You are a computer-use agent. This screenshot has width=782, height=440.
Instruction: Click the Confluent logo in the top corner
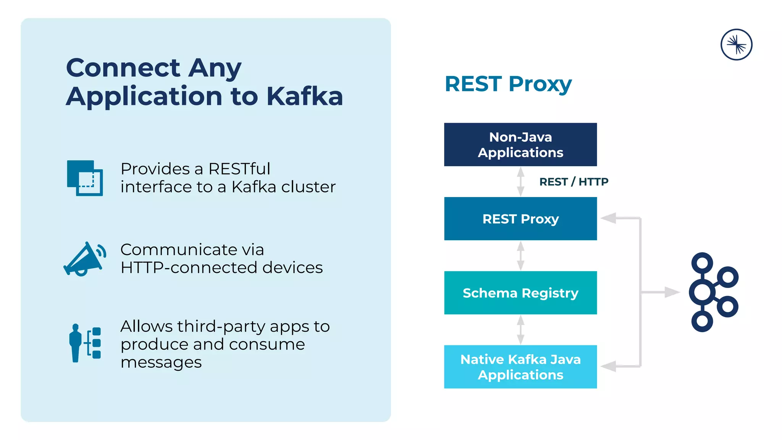(x=736, y=45)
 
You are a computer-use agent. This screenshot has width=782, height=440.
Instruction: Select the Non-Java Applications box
(x=520, y=144)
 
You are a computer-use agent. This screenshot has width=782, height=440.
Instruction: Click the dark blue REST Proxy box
(x=520, y=218)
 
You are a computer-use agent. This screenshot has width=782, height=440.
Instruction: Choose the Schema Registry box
(x=520, y=293)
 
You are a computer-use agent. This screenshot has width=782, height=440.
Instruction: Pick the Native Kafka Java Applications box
(x=520, y=367)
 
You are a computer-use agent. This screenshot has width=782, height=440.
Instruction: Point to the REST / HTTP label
(x=574, y=182)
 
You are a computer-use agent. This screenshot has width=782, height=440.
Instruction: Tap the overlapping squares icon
(x=85, y=178)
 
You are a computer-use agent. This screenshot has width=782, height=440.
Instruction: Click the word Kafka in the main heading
(x=304, y=96)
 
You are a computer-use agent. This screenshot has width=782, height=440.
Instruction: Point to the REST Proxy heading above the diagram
(x=508, y=84)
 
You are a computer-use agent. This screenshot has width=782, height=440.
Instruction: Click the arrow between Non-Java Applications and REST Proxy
(x=520, y=182)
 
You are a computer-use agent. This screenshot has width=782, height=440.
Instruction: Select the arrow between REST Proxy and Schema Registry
(x=520, y=256)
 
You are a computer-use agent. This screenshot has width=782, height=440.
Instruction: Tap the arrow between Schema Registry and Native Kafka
(x=520, y=330)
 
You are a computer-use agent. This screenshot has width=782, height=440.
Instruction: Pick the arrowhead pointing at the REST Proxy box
(x=608, y=218)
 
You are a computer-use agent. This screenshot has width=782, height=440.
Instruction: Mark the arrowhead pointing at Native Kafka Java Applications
(x=608, y=366)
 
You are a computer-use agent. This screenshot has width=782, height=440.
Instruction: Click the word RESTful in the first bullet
(x=239, y=169)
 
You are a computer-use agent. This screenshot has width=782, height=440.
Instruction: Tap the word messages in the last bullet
(x=161, y=362)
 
